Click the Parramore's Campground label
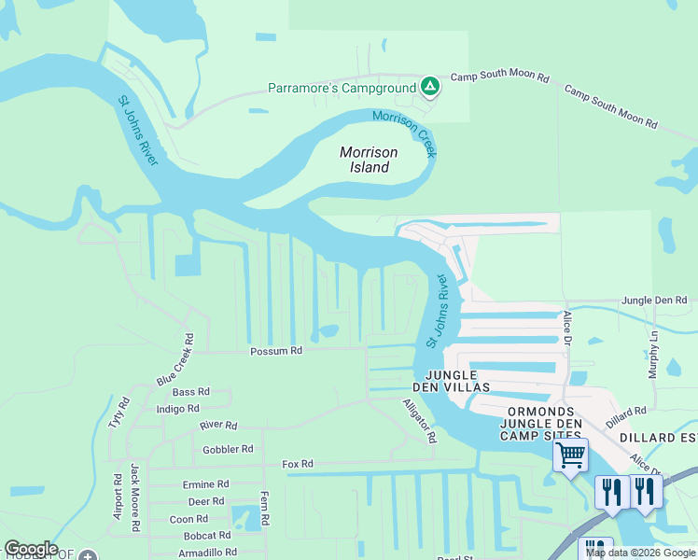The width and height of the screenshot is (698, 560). pyautogui.click(x=342, y=89)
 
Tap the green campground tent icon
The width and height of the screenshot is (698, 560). pyautogui.click(x=430, y=88)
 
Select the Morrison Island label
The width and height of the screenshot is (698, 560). pyautogui.click(x=369, y=160)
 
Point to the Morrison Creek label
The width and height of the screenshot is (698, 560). pyautogui.click(x=406, y=133)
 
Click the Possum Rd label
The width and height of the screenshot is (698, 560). pyautogui.click(x=276, y=352)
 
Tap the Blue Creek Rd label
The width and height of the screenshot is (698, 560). pyautogui.click(x=174, y=360)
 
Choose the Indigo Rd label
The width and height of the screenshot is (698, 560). pyautogui.click(x=178, y=409)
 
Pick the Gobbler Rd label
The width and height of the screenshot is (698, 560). pyautogui.click(x=228, y=449)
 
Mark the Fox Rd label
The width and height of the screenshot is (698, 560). pyautogui.click(x=299, y=464)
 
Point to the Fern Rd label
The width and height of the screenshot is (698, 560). pyautogui.click(x=265, y=507)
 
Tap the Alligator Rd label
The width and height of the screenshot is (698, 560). pyautogui.click(x=419, y=420)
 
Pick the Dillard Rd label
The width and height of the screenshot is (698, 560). pyautogui.click(x=626, y=412)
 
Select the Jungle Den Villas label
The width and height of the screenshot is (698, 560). pyautogui.click(x=453, y=380)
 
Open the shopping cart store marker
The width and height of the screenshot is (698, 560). pyautogui.click(x=570, y=456)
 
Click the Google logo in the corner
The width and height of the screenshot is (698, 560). pyautogui.click(x=31, y=549)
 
